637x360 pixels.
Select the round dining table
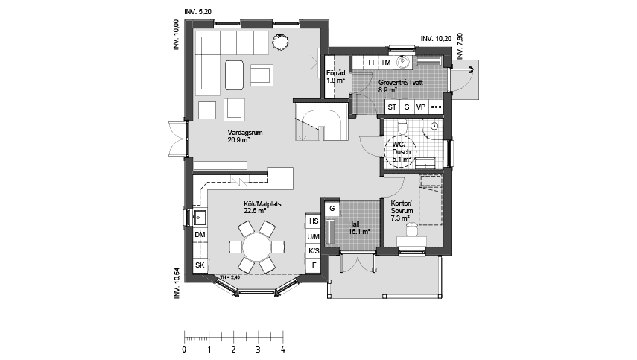[x=256, y=245]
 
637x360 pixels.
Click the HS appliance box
[x=314, y=221]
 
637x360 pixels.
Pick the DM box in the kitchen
[x=200, y=236]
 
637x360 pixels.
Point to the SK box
[x=200, y=265]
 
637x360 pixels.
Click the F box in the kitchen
[x=314, y=265]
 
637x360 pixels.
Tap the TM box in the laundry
[x=385, y=63]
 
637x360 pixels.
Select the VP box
[x=421, y=107]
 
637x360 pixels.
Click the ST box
[x=392, y=107]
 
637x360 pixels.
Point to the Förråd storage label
[x=335, y=76]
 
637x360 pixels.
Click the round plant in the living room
[x=280, y=42]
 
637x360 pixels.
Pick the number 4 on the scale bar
[x=282, y=349]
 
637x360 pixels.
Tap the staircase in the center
[x=320, y=121]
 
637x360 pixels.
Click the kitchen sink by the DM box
[x=200, y=218]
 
